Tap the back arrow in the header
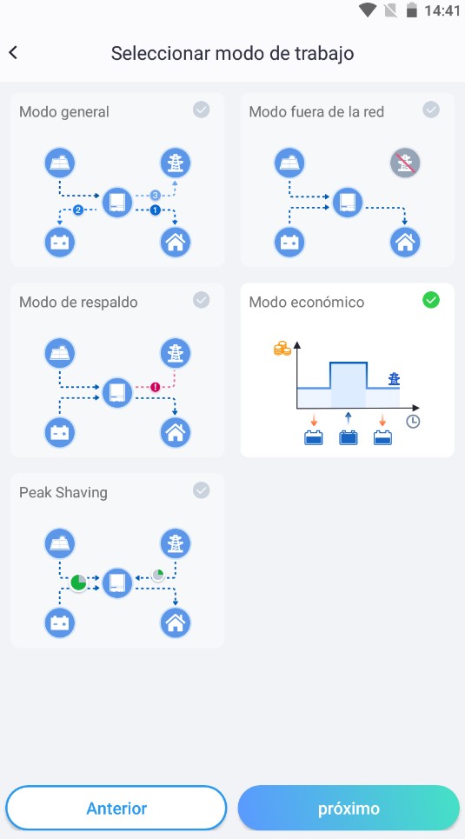13,52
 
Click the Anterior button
116,808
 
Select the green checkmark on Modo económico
431,300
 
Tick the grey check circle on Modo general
201,110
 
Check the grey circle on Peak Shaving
201,490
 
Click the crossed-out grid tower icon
405,163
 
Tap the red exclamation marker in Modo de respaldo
156,387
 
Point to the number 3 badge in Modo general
156,196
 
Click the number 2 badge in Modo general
78,210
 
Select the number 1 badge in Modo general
156,210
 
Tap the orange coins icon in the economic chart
282,350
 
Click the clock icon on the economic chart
413,422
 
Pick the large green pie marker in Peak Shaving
78,583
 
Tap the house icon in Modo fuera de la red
405,243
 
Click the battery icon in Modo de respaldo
59,432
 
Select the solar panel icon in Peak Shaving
59,543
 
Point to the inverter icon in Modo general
117,203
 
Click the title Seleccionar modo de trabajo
232,54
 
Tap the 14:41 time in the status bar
442,10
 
